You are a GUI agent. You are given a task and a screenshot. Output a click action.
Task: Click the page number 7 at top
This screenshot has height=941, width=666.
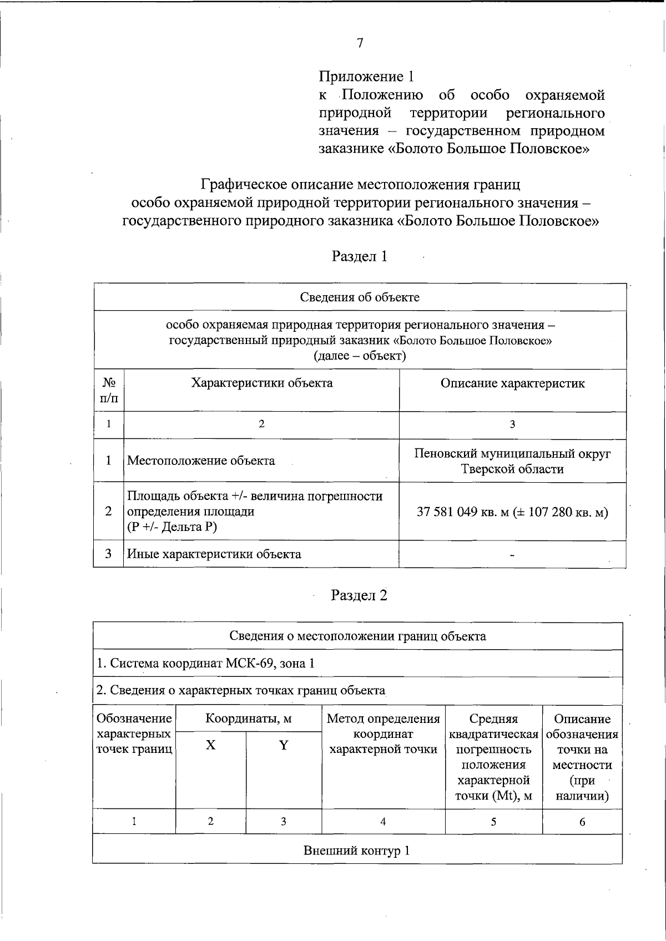tap(360, 43)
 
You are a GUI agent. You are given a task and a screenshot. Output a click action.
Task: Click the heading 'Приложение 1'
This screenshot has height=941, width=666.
tap(366, 77)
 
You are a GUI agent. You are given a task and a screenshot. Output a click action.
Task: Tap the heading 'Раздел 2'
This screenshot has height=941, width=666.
tap(359, 595)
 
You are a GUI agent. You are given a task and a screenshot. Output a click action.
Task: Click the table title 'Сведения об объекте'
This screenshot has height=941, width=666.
tap(360, 297)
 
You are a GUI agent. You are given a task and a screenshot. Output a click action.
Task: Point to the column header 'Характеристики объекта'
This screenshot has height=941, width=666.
tap(261, 383)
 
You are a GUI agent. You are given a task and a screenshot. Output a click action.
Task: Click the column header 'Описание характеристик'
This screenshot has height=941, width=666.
tap(512, 383)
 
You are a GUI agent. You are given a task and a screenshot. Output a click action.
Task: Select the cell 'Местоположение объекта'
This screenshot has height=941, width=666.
tap(201, 461)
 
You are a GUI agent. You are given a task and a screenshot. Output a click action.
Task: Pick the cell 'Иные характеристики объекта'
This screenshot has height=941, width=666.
tap(214, 554)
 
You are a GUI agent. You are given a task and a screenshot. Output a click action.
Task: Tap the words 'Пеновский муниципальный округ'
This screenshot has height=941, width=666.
tap(512, 453)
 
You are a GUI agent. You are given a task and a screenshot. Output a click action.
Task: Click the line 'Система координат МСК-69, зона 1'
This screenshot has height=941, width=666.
tap(206, 664)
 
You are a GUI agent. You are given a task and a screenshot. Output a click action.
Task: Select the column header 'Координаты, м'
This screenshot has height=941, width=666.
tap(249, 719)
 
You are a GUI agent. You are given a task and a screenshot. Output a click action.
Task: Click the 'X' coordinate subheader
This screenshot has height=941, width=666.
tap(210, 745)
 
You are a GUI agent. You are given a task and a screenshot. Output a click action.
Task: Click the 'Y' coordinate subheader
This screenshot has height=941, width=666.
tap(284, 745)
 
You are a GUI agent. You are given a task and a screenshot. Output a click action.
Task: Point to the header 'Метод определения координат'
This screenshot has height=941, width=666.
tap(384, 734)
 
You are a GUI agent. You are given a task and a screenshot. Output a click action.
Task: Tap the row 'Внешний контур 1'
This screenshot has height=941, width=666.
tap(357, 851)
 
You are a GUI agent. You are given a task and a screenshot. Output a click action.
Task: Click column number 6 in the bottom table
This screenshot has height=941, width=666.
tap(582, 822)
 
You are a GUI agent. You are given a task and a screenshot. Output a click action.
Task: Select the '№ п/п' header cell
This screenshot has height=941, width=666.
tap(109, 390)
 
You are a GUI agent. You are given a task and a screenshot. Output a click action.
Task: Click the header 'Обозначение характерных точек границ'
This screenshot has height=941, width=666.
tap(134, 734)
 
